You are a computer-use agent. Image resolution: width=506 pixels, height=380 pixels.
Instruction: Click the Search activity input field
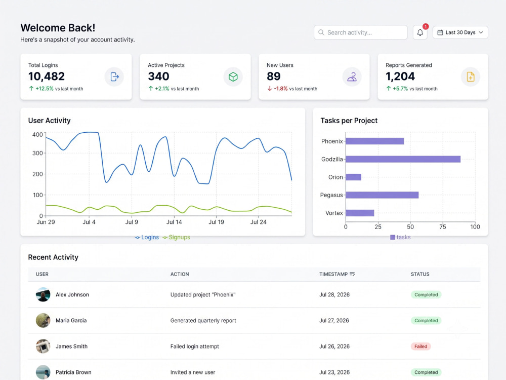coord(360,32)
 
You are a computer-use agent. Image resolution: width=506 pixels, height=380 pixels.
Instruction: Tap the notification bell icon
coord(420,32)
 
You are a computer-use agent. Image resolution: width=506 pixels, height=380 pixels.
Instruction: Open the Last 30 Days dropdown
coord(460,32)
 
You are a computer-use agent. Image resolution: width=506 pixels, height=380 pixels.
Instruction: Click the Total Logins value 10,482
coord(47,77)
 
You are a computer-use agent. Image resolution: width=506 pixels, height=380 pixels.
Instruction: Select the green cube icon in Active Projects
coord(233,77)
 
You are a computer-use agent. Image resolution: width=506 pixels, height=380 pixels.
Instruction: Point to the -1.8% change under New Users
coord(281,89)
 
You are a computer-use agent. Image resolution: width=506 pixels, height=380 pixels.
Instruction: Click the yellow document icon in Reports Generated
coord(471,77)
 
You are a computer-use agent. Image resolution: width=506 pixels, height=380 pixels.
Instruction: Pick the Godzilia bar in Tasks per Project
coord(403,159)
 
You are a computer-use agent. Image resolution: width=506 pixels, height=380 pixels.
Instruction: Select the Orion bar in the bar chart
coord(353,177)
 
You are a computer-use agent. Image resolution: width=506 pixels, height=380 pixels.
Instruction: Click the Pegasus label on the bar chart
coord(331,195)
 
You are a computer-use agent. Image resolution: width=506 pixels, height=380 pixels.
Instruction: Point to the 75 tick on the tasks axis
coord(442,227)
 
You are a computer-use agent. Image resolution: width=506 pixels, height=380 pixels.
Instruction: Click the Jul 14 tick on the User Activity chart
coord(174,222)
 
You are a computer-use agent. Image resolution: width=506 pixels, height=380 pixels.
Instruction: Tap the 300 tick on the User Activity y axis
coord(37,153)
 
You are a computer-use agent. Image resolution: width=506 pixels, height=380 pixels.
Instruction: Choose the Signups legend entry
coord(176,237)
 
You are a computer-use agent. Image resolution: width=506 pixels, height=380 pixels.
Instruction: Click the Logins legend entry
coord(147,237)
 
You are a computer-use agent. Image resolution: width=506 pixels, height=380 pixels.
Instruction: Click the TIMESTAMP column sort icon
coord(352,274)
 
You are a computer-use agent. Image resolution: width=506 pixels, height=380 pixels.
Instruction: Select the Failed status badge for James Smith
coord(420,347)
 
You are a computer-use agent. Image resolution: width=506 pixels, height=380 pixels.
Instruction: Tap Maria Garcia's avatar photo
coord(43,320)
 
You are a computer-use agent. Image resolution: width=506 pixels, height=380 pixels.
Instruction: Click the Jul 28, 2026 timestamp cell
coord(334,294)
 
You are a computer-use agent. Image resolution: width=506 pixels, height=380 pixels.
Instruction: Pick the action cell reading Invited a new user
coord(193,372)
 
